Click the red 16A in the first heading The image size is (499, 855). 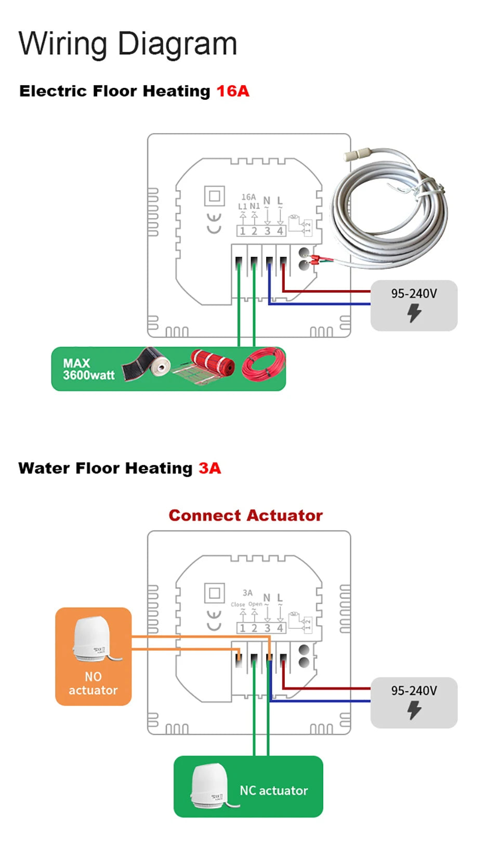click(x=232, y=91)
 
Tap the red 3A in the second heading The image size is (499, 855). click(x=209, y=468)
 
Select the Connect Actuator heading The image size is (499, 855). click(x=245, y=516)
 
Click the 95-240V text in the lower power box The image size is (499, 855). click(x=414, y=691)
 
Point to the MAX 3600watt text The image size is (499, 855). click(x=88, y=370)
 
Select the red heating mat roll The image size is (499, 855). click(x=210, y=365)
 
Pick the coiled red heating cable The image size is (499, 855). click(x=264, y=364)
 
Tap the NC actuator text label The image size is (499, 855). click(x=273, y=791)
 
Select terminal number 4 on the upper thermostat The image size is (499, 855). click(x=280, y=231)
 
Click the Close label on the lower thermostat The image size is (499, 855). click(x=238, y=604)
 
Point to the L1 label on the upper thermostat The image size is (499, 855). click(x=242, y=207)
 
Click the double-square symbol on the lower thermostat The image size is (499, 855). click(x=214, y=593)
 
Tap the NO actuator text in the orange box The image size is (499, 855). click(x=94, y=683)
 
